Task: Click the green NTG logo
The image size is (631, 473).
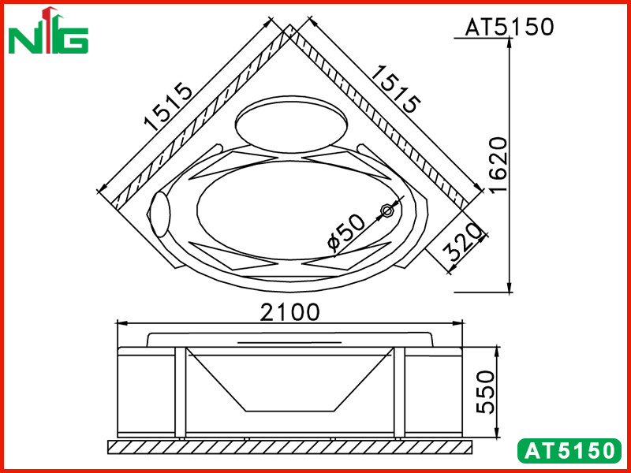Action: [x=48, y=31]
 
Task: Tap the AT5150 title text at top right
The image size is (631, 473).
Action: [x=510, y=27]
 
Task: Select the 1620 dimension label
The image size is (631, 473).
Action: [x=498, y=165]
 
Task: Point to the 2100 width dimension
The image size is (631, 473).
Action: [x=289, y=312]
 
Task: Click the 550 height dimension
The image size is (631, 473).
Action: [x=485, y=393]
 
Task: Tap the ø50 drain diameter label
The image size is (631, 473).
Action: [x=346, y=233]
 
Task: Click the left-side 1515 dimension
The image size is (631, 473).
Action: [x=168, y=107]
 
